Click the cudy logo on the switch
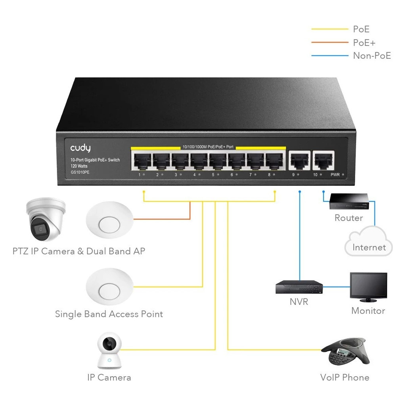click(80, 148)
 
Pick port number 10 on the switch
click(323, 161)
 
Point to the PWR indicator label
click(335, 174)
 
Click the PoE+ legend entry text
click(364, 42)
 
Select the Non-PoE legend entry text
click(372, 56)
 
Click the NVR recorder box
click(299, 287)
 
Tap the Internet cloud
click(368, 243)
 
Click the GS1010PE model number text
click(80, 172)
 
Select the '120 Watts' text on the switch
click(79, 166)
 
